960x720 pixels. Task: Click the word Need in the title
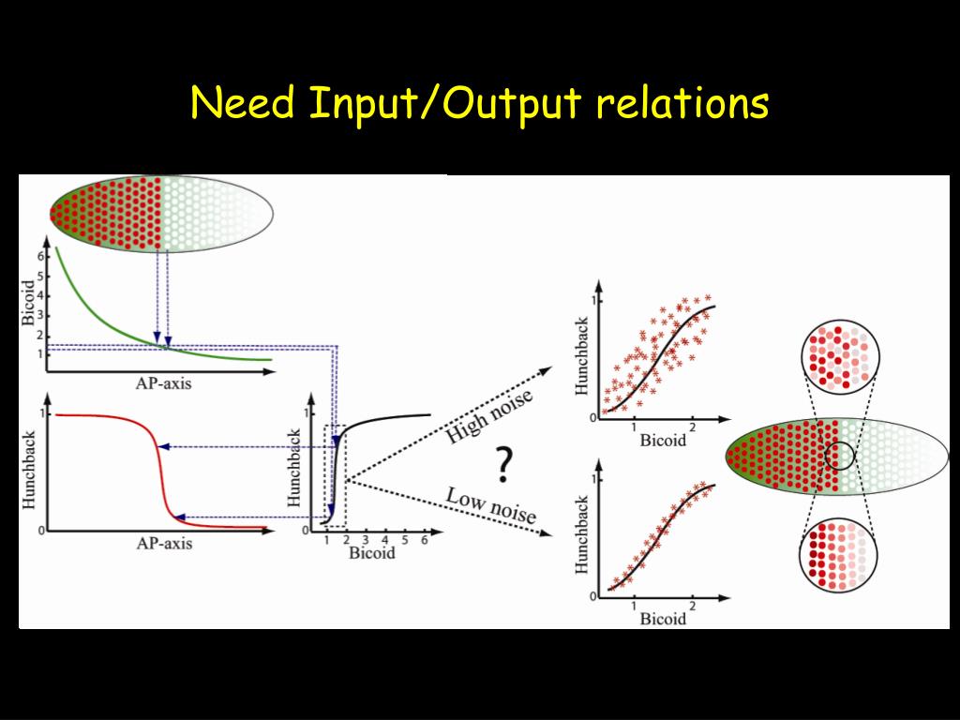click(243, 103)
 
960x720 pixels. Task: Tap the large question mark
click(504, 464)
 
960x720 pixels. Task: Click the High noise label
click(489, 416)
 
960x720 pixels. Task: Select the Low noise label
click(491, 505)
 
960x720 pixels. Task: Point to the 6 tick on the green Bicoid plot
click(40, 256)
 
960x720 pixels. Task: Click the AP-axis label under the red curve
click(164, 543)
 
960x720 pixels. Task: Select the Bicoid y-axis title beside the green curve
click(28, 301)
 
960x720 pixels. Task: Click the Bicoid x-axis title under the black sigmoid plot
click(372, 553)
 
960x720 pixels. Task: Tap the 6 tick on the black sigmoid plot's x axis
click(425, 541)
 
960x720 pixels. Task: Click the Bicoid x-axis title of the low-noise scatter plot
click(663, 619)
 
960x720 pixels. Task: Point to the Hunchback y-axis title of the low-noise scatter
click(582, 536)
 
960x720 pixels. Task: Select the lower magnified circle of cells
click(839, 555)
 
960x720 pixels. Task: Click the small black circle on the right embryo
click(840, 457)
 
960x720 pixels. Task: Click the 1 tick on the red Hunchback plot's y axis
click(40, 413)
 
